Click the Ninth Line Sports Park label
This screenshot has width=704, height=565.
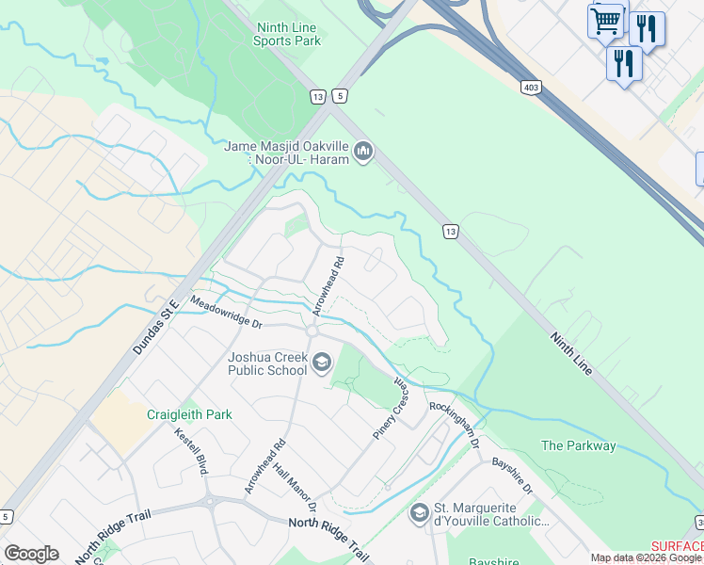click(x=288, y=34)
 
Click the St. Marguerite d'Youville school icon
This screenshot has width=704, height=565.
click(x=419, y=513)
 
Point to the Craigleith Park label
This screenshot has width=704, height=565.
click(x=189, y=414)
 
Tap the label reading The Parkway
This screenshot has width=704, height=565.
click(x=579, y=445)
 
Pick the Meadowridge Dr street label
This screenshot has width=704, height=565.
click(x=226, y=311)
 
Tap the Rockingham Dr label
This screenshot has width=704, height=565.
click(x=456, y=425)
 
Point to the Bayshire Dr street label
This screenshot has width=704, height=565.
click(x=513, y=476)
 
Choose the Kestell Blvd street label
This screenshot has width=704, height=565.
click(x=191, y=451)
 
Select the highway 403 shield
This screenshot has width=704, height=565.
click(x=531, y=87)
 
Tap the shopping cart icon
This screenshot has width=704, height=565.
click(x=605, y=21)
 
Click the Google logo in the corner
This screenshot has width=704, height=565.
click(x=31, y=554)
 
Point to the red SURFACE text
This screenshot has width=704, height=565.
click(x=677, y=547)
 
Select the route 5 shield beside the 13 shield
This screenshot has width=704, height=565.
click(x=340, y=96)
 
